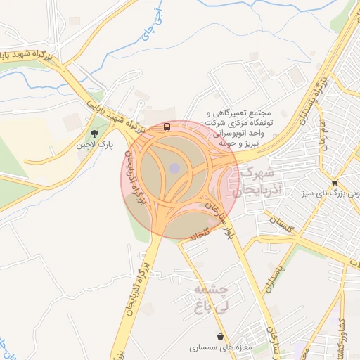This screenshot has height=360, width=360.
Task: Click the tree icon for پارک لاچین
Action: [x=94, y=133]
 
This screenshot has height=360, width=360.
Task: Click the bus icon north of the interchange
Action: [x=167, y=127]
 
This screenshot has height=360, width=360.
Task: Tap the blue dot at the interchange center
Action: [x=174, y=168]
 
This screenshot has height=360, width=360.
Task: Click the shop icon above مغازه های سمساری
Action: [x=221, y=335]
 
